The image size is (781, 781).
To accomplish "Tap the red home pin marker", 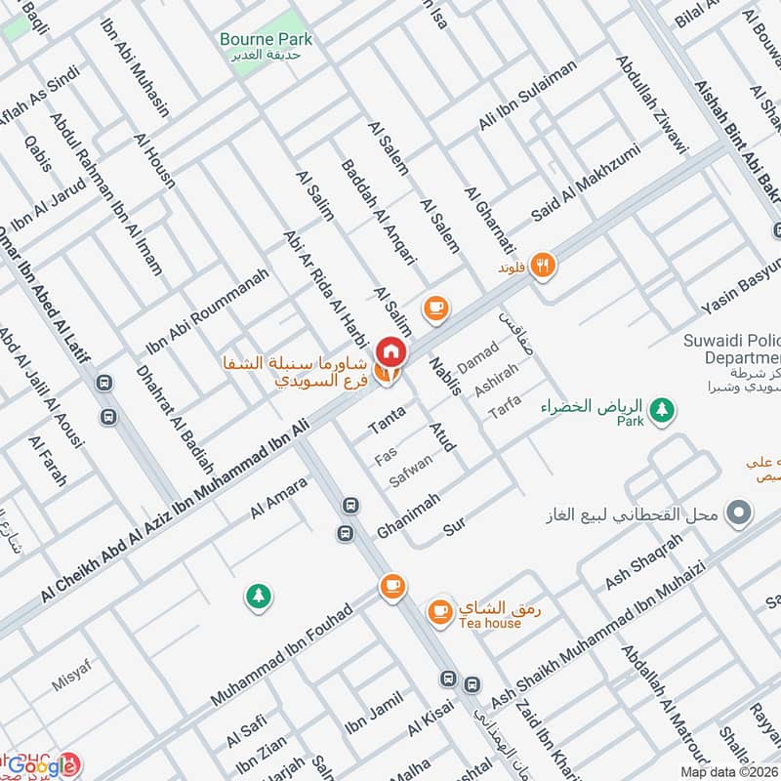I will tap(390, 349).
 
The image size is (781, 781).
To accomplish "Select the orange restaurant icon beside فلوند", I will tap(544, 264).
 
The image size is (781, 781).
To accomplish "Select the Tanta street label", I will tap(387, 420).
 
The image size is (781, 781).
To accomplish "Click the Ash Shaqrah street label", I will tap(642, 561).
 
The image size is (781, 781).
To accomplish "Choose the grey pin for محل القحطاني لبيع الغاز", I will tap(740, 512).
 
